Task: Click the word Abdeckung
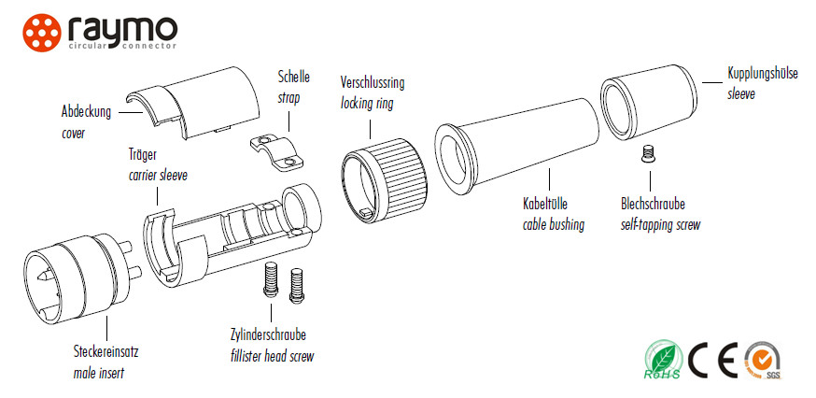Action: pos(86,112)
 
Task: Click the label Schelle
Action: pos(293,77)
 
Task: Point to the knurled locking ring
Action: pos(385,172)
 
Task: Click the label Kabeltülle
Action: pos(546,204)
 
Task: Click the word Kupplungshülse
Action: pos(762,73)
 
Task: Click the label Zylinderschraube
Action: pos(269,335)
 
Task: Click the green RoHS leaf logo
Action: pos(664,360)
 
